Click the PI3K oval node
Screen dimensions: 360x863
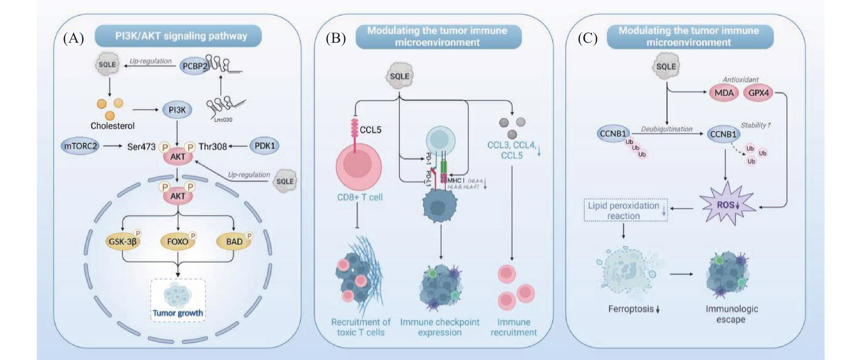pyautogui.click(x=177, y=110)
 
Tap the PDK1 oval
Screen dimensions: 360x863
pyautogui.click(x=265, y=146)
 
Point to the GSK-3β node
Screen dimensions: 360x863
pyautogui.click(x=123, y=241)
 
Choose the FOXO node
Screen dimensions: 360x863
pyautogui.click(x=178, y=241)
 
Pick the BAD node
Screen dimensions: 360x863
pyautogui.click(x=234, y=241)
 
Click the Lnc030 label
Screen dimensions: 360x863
pyautogui.click(x=223, y=119)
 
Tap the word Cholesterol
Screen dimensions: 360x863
pyautogui.click(x=113, y=126)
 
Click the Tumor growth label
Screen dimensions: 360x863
pyautogui.click(x=178, y=313)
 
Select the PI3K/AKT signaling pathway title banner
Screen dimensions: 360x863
pyautogui.click(x=178, y=36)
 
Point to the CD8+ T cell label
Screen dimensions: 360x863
pyautogui.click(x=360, y=197)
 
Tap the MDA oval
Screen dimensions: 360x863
pyautogui.click(x=724, y=93)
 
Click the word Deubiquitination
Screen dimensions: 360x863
pyautogui.click(x=667, y=129)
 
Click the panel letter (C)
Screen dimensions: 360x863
pyautogui.click(x=588, y=39)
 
